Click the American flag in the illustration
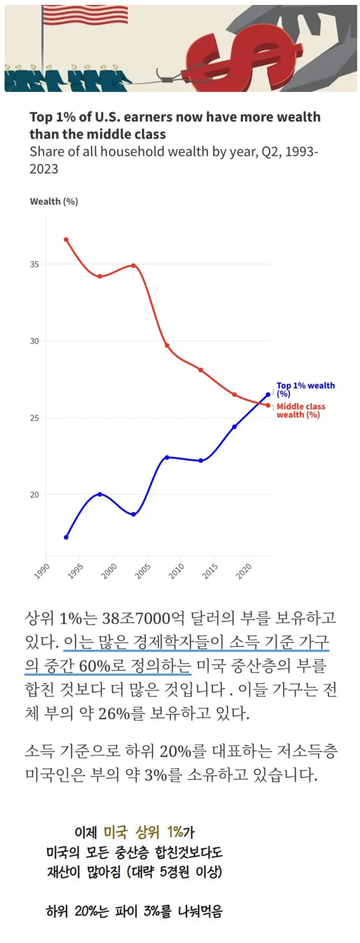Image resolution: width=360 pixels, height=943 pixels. [85, 14]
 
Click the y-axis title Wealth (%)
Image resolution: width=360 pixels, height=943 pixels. [54, 202]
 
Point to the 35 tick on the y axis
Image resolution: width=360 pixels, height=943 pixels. [34, 264]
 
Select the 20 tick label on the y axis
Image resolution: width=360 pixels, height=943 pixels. [34, 495]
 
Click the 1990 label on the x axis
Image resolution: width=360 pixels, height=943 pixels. [42, 571]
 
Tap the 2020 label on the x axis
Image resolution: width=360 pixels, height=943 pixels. [244, 571]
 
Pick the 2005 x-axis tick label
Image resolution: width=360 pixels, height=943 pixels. [143, 571]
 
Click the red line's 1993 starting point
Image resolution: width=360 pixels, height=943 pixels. [66, 239]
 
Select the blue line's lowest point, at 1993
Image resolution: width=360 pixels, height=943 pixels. [66, 537]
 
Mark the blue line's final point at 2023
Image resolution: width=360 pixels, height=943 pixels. [268, 394]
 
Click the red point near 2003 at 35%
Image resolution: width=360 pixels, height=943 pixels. [133, 265]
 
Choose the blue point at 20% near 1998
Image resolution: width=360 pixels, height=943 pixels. [100, 494]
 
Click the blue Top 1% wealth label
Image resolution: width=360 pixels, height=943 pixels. [305, 389]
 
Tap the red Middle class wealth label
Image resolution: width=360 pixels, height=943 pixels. [301, 410]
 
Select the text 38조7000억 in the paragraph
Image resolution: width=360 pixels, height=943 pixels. [143, 618]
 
